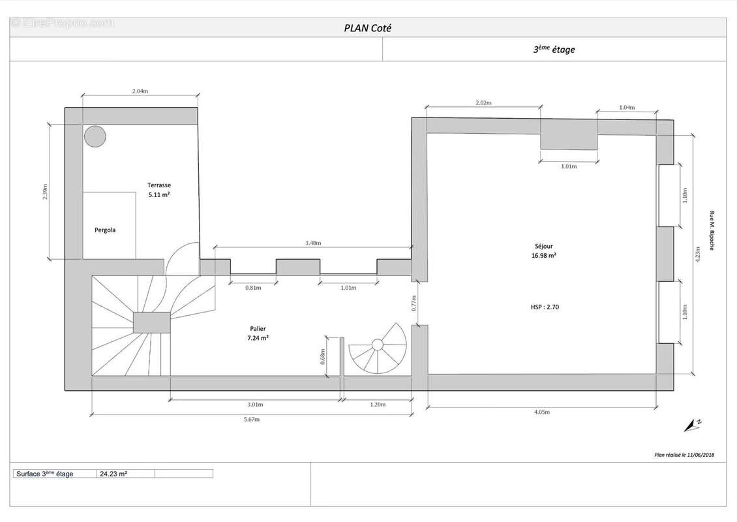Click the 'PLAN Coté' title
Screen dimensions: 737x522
point(368,28)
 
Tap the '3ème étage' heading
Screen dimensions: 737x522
point(554,50)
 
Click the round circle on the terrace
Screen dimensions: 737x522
point(95,137)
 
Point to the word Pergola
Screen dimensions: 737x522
point(105,230)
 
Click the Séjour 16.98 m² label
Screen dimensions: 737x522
point(544,251)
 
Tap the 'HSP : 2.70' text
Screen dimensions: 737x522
point(545,307)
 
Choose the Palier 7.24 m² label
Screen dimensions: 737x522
point(258,333)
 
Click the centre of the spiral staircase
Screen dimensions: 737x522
point(378,345)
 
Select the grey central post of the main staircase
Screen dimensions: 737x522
point(151,322)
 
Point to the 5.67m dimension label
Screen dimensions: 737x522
point(252,419)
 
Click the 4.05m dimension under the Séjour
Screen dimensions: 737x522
point(541,412)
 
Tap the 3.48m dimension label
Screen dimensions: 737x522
point(313,243)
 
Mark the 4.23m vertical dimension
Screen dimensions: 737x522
point(697,254)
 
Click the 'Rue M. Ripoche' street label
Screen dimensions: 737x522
point(712,230)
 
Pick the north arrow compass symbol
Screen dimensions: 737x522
point(693,425)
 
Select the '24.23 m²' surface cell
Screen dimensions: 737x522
point(113,474)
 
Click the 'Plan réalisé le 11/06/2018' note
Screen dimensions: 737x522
point(684,455)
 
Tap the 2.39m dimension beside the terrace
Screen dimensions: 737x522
point(45,191)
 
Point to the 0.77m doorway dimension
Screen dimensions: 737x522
point(414,303)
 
